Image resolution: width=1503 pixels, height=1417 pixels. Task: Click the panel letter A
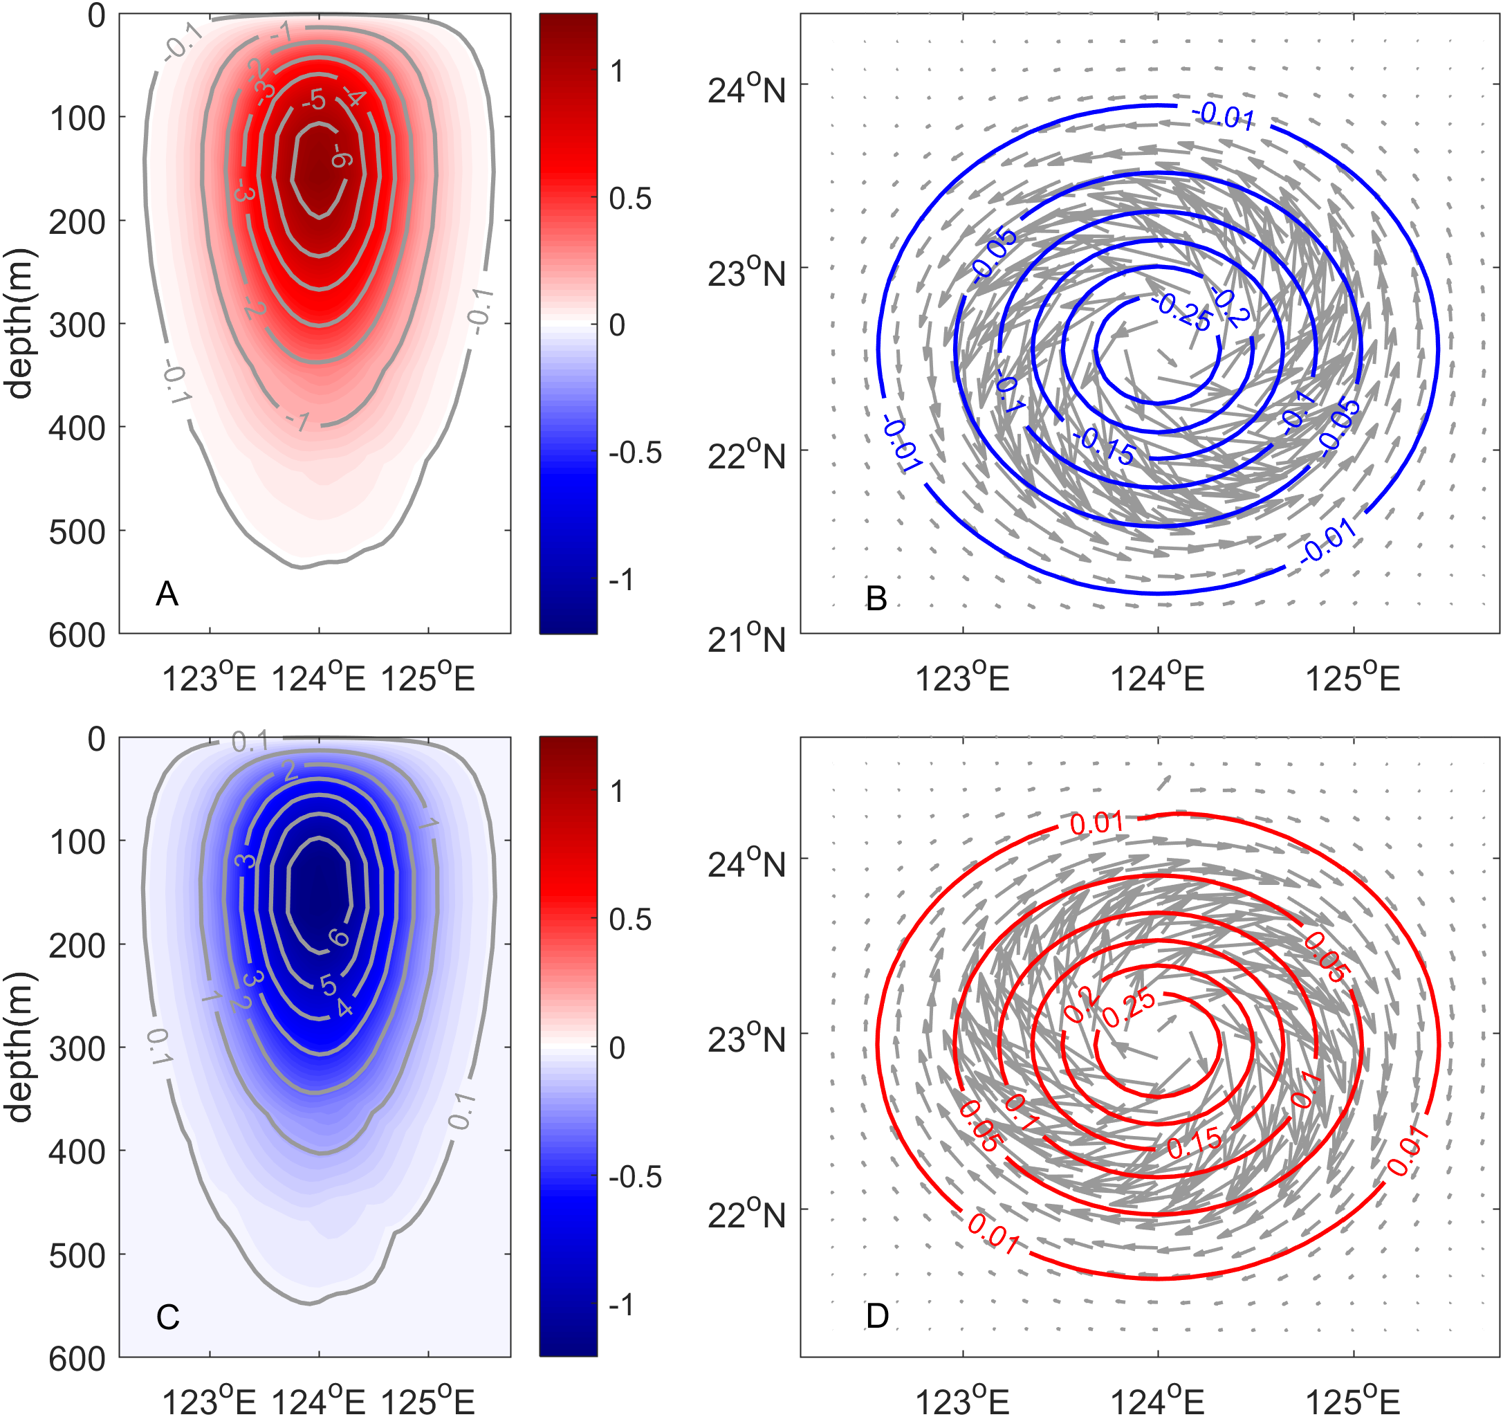click(x=167, y=594)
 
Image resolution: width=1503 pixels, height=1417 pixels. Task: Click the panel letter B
click(x=876, y=598)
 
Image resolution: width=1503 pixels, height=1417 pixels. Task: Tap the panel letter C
click(x=167, y=1317)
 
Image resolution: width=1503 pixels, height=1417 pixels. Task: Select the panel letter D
click(x=877, y=1316)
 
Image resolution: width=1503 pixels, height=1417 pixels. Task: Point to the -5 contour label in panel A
click(x=313, y=99)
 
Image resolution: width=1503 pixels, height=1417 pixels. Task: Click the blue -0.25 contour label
click(x=1183, y=311)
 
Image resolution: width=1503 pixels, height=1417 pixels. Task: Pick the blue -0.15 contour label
click(x=1105, y=446)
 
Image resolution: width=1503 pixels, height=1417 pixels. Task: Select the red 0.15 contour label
click(x=1194, y=1142)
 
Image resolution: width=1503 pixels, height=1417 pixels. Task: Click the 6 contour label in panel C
click(x=338, y=938)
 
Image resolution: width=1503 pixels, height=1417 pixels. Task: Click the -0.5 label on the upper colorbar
click(x=635, y=452)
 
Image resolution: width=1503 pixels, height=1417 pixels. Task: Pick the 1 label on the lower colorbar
click(x=618, y=792)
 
